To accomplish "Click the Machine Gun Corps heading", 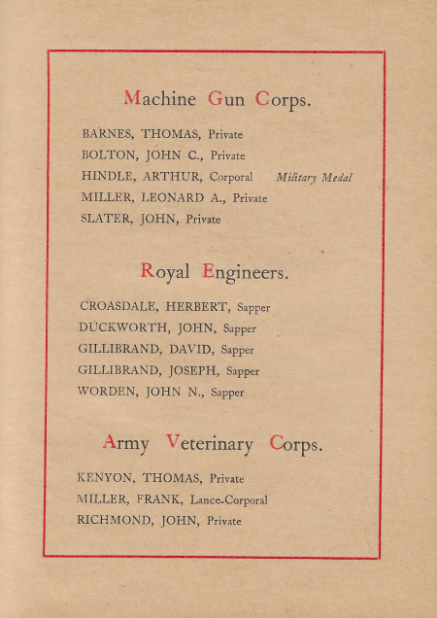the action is pyautogui.click(x=217, y=99).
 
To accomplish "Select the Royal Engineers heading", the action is pyautogui.click(x=215, y=272).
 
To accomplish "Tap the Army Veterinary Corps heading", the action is pyautogui.click(x=213, y=444).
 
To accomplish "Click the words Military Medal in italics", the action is pyautogui.click(x=314, y=178).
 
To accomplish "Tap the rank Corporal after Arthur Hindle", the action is pyautogui.click(x=230, y=178).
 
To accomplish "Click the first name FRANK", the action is pyautogui.click(x=154, y=499).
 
